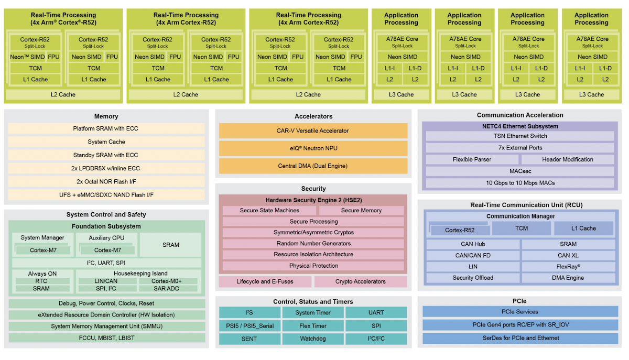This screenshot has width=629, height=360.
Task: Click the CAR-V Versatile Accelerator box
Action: [x=313, y=130]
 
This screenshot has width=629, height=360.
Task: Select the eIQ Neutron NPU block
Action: [x=313, y=148]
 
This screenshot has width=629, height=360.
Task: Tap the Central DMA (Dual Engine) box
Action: [x=313, y=166]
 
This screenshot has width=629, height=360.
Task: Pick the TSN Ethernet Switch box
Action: [x=520, y=136]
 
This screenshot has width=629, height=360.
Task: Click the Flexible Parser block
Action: [x=472, y=159]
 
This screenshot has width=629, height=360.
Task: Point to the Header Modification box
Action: [x=568, y=159]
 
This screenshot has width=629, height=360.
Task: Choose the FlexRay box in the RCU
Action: [x=568, y=267]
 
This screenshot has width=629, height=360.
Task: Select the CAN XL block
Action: [x=568, y=255]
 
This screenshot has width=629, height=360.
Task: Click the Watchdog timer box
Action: [x=313, y=339]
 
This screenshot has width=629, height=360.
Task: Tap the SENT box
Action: [x=250, y=339]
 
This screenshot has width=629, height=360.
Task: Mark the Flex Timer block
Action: [x=313, y=325]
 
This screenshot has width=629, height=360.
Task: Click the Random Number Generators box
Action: [x=313, y=243]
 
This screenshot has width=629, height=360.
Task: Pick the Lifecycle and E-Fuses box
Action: [x=265, y=281]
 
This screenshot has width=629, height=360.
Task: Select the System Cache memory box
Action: [x=106, y=141]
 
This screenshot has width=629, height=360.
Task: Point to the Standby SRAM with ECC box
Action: [x=106, y=155]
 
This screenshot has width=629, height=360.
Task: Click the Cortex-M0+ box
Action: [x=168, y=281]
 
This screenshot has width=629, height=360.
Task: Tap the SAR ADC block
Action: [x=168, y=289]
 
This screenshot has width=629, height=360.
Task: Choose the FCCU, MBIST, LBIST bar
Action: [x=106, y=337]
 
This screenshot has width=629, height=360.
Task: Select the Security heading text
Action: [x=313, y=189]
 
